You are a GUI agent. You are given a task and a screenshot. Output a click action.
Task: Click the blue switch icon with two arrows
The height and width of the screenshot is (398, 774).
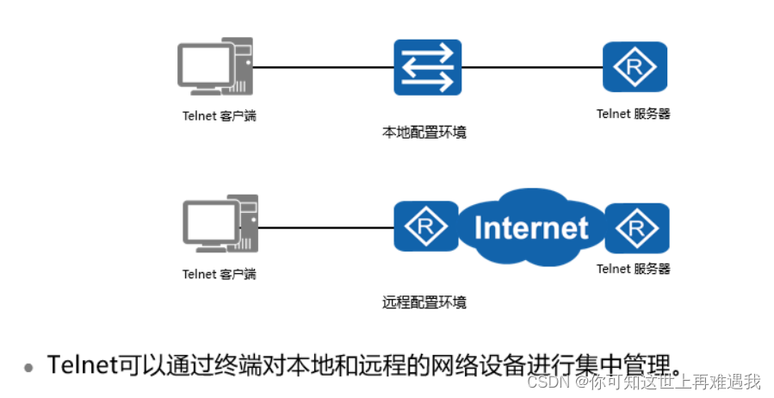pos(428,67)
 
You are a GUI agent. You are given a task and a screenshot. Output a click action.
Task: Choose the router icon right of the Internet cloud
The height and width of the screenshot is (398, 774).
pos(637,228)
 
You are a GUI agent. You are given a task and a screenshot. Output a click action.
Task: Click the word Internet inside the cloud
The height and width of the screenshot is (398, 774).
pos(531,227)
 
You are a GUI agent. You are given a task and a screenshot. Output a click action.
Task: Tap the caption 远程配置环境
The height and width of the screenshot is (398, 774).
pos(424,302)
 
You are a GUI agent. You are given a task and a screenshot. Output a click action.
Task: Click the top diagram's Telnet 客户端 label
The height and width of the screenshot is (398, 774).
pos(219,115)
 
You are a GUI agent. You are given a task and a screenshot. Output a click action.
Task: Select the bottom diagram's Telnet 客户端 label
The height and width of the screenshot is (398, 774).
pos(219,275)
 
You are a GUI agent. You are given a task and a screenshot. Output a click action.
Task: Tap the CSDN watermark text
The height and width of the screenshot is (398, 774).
pos(643,381)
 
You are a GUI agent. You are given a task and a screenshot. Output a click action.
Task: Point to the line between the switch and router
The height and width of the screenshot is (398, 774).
pos(532,67)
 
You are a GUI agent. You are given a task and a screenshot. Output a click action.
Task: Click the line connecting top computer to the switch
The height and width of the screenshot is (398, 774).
pos(323,67)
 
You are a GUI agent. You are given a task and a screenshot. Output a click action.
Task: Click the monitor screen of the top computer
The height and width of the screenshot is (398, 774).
pos(205,63)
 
